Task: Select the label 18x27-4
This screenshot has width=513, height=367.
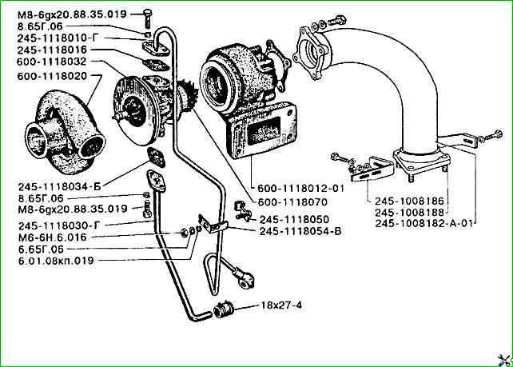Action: point(279,306)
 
